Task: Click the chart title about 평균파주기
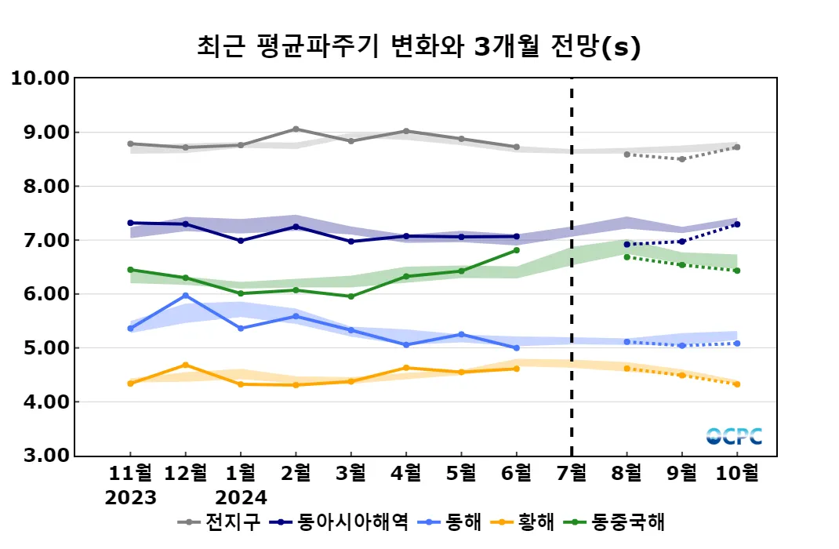coord(419,47)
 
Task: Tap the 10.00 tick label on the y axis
coord(39,78)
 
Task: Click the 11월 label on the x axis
coord(130,474)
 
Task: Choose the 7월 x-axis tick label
coord(571,474)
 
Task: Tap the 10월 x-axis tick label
coord(736,474)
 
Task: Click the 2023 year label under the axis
coord(130,497)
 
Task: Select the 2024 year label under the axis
coord(241,497)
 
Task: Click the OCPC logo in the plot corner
coord(733,436)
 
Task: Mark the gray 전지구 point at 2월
coord(296,129)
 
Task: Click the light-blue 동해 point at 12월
coord(185,295)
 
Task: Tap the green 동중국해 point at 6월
coord(516,250)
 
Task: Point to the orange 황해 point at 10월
coord(736,384)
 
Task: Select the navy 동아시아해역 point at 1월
coord(241,241)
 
